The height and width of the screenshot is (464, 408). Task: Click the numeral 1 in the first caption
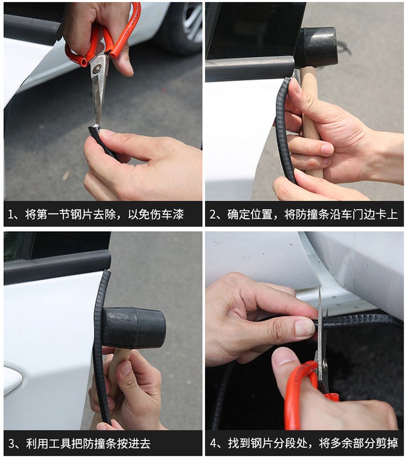[x=10, y=214]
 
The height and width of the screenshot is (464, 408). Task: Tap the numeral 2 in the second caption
[x=213, y=214]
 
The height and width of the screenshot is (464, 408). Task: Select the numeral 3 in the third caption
[x=11, y=443]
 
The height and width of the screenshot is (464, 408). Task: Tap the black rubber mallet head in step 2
[x=316, y=48]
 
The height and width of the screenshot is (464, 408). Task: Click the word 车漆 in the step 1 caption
[x=173, y=214]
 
